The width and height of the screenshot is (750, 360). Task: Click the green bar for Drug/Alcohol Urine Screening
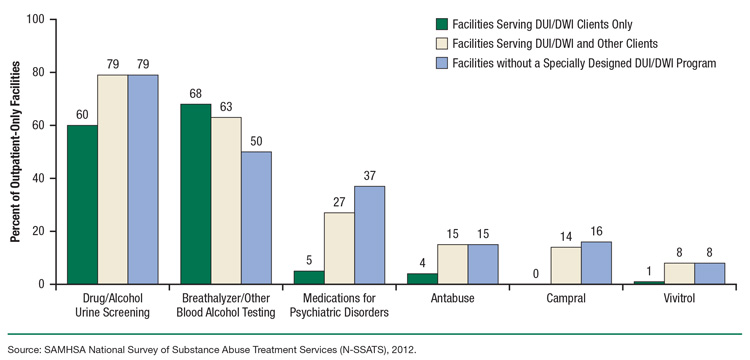click(x=82, y=204)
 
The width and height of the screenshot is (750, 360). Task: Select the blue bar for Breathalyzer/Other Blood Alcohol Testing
click(x=257, y=217)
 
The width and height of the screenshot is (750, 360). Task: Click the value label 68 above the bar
click(x=197, y=94)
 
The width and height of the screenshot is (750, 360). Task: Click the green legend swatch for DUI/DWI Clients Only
click(x=440, y=24)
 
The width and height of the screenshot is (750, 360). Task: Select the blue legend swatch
click(x=440, y=64)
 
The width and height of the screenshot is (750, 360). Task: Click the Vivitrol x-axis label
click(x=683, y=298)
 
